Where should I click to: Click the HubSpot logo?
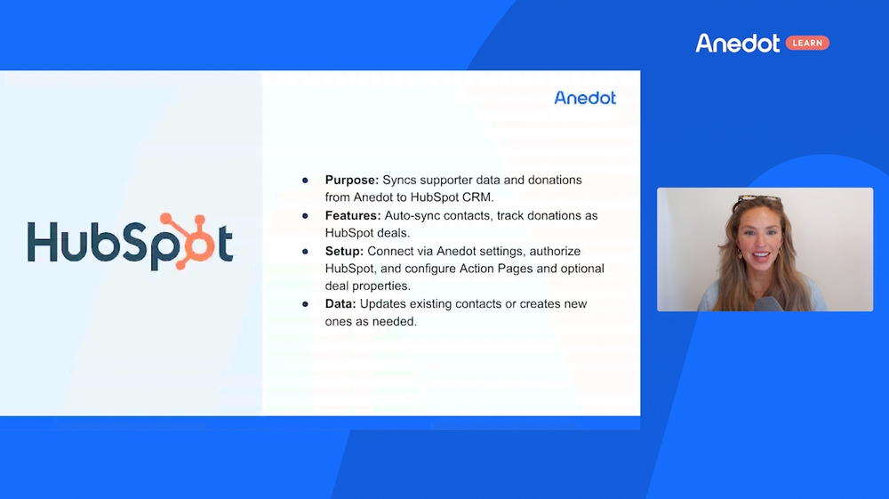coord(130,242)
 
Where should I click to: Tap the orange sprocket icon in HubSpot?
coord(188,240)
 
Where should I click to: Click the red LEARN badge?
coord(807,43)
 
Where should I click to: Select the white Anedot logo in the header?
coord(738,43)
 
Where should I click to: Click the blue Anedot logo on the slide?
coord(585,98)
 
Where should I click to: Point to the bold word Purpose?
coord(351,181)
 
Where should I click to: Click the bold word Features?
coord(353,215)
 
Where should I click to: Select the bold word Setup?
coord(344,251)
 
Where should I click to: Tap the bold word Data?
coord(340,304)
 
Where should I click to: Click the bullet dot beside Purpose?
coord(305,181)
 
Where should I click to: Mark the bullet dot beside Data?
coord(305,304)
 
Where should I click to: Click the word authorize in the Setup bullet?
coord(555,251)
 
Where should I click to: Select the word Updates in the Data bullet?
coord(382,304)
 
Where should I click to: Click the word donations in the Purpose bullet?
coord(555,181)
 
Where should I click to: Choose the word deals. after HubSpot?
coord(394,233)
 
